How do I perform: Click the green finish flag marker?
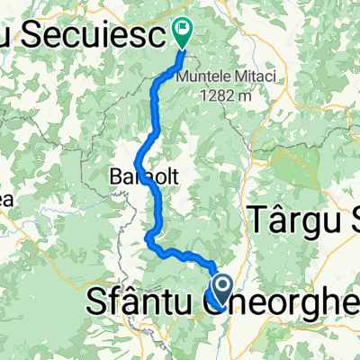184,32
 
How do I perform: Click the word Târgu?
283,220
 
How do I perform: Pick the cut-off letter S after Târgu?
346,220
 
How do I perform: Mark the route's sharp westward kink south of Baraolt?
146,237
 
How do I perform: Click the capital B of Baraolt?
115,175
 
